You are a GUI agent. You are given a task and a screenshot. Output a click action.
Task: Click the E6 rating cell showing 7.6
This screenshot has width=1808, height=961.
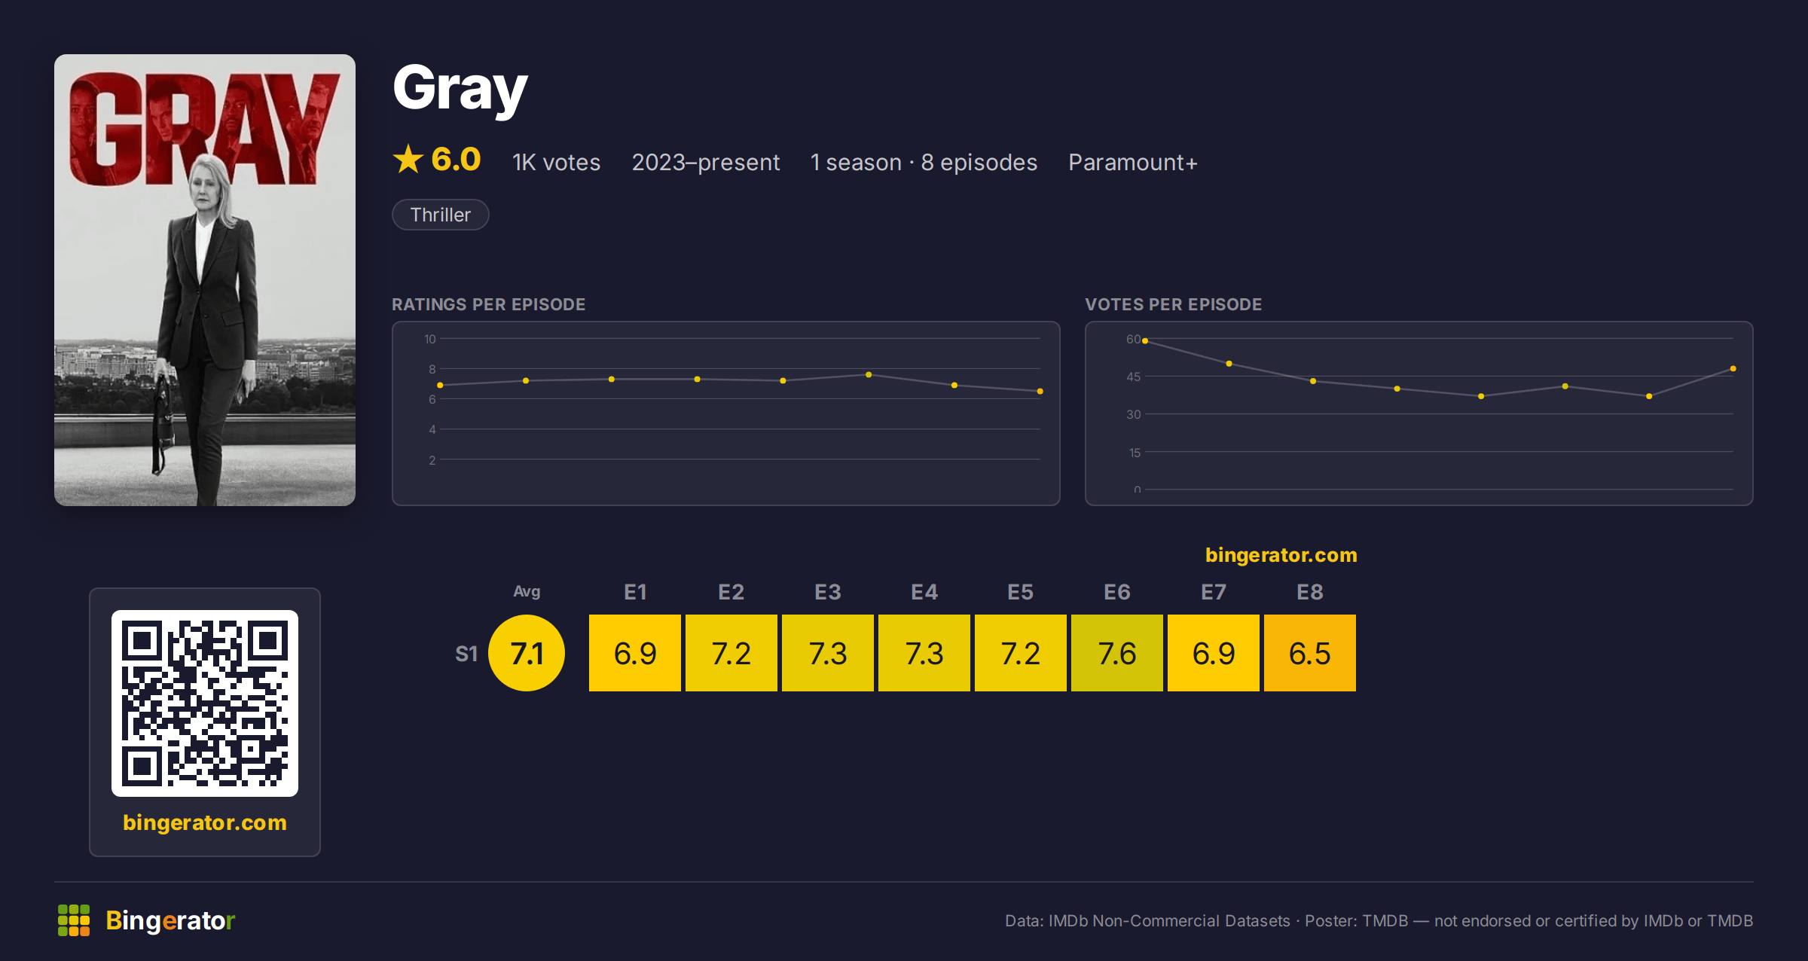(x=1117, y=653)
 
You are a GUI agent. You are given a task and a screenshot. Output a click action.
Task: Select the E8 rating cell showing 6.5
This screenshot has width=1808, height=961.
(x=1310, y=653)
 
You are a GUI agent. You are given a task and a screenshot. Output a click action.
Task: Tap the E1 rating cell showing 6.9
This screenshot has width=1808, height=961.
(x=635, y=653)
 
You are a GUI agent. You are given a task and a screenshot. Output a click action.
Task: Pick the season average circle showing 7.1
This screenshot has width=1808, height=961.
(x=527, y=653)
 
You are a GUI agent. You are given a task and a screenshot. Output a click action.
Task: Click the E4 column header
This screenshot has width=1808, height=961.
(x=924, y=592)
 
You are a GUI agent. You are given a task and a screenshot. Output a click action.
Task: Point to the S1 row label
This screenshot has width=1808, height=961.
(x=466, y=654)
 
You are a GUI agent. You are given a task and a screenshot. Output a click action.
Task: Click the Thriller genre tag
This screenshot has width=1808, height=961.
(x=441, y=215)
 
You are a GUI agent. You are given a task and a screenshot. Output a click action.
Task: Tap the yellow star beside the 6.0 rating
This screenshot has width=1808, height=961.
(x=408, y=159)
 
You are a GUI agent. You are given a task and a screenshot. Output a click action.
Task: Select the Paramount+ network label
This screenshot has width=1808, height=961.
(x=1132, y=162)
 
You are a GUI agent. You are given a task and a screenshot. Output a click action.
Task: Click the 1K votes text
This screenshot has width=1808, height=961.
(x=556, y=162)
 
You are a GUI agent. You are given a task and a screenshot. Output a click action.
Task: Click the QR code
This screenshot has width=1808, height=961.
(x=205, y=703)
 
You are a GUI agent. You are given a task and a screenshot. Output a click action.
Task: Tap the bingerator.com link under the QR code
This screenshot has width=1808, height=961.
(x=205, y=822)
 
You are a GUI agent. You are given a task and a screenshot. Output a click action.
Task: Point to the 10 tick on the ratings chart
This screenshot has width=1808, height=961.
(x=430, y=339)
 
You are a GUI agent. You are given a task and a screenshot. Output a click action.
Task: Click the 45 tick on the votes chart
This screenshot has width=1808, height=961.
(x=1134, y=377)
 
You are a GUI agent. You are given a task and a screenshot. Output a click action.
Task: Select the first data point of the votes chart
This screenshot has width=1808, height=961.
(x=1145, y=341)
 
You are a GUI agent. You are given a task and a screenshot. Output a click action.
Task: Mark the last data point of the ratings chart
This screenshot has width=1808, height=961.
(x=1040, y=391)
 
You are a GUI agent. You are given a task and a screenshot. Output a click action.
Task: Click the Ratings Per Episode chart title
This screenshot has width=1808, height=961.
(x=489, y=304)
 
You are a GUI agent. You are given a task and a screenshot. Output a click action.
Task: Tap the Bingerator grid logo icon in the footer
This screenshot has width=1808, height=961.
(x=74, y=920)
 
